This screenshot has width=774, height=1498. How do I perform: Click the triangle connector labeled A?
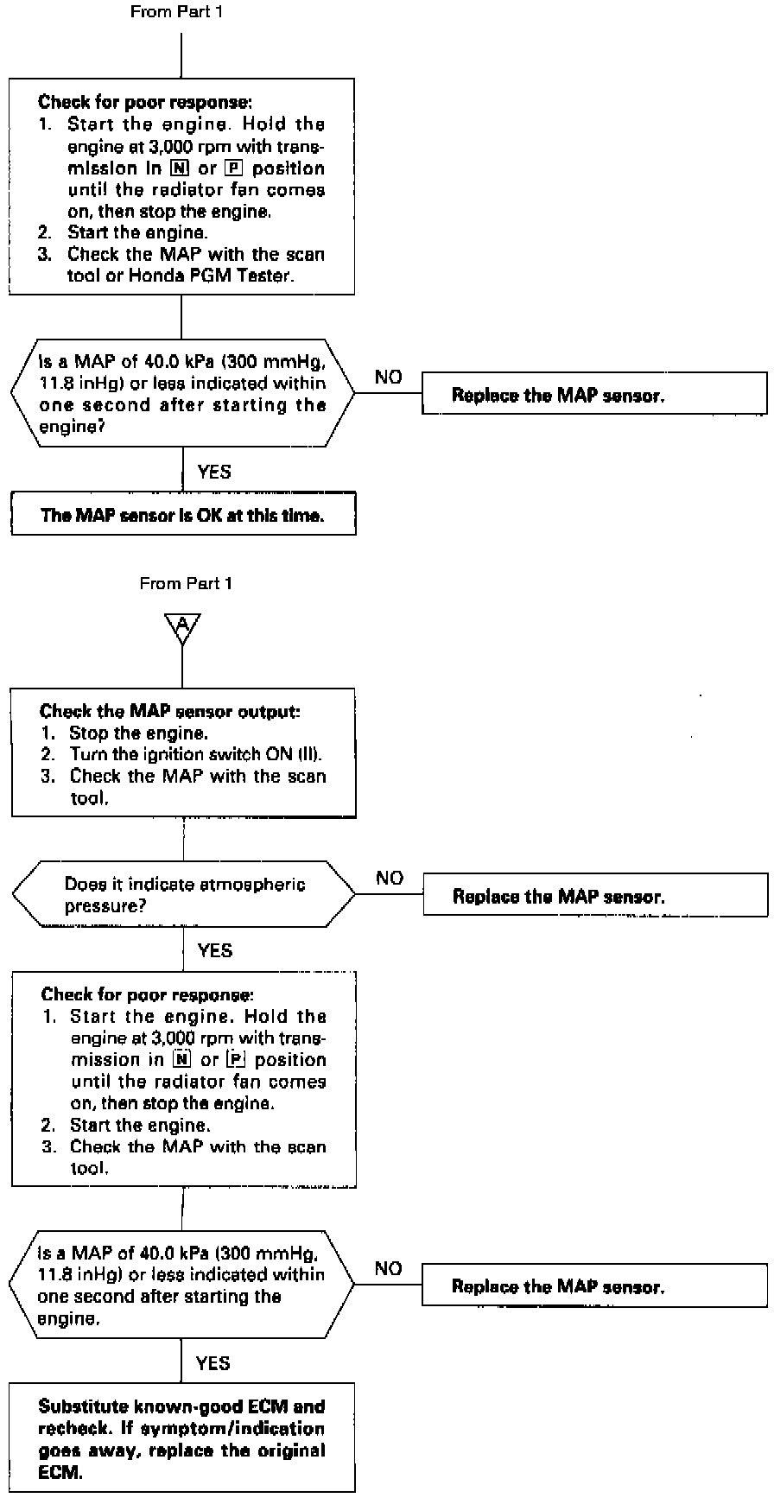(182, 626)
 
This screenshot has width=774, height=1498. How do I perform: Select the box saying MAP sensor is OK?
(182, 515)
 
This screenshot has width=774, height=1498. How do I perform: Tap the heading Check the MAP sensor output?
(169, 711)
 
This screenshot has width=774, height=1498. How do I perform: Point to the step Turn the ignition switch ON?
(197, 754)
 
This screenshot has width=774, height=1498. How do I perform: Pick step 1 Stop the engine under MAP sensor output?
(138, 733)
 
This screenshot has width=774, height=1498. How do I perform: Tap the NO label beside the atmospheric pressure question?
(390, 878)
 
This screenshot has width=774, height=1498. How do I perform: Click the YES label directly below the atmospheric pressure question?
(214, 950)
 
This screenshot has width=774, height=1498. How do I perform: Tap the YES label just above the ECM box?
(213, 1363)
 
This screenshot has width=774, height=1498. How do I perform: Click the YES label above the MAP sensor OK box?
(214, 472)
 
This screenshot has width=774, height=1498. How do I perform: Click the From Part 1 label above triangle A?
(186, 584)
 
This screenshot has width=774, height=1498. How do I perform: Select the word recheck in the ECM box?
(70, 1429)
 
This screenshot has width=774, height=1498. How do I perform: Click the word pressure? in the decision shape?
(105, 907)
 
